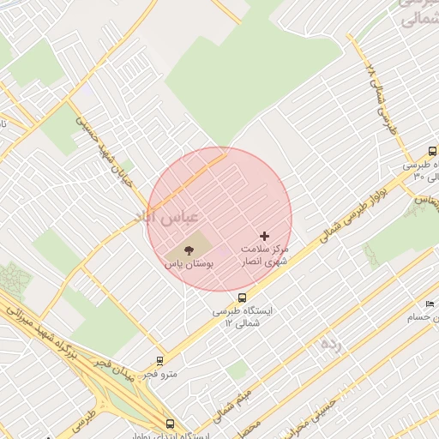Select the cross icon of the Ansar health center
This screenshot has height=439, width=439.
[x=264, y=235]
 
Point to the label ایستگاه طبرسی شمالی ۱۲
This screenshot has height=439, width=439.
[x=243, y=317]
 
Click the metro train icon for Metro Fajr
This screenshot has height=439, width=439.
[x=159, y=361]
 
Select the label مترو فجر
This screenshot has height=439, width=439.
[x=159, y=375]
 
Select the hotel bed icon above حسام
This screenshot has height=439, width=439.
[x=430, y=304]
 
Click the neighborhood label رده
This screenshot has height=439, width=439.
[x=330, y=344]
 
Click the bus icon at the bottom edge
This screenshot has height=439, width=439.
[x=170, y=424]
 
